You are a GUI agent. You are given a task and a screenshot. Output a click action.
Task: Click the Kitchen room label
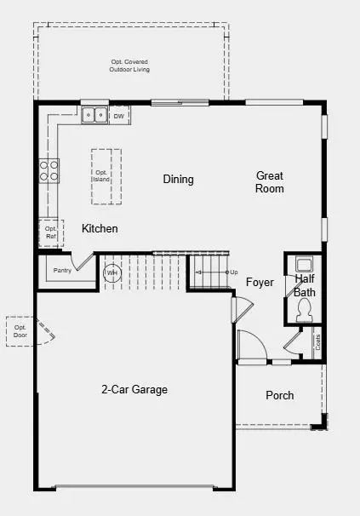[100, 228]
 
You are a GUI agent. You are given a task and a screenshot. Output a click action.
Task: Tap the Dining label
[179, 180]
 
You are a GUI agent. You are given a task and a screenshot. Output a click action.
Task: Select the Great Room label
[270, 182]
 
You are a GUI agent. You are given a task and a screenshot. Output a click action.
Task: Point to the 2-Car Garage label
[134, 390]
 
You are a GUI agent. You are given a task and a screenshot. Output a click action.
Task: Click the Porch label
[280, 395]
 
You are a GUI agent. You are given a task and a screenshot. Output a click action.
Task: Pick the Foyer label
[260, 283]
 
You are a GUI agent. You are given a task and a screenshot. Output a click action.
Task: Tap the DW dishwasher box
[119, 116]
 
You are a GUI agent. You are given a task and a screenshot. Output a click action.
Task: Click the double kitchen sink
[94, 115]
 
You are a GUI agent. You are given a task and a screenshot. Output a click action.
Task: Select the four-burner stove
[49, 171]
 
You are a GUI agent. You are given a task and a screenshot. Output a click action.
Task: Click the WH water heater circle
[112, 272]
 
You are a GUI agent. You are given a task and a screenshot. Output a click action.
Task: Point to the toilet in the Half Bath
[304, 311]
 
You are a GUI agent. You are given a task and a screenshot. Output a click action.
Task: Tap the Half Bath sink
[304, 265]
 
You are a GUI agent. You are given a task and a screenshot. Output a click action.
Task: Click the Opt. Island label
[101, 176]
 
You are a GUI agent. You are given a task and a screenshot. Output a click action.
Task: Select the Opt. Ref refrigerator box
[51, 233]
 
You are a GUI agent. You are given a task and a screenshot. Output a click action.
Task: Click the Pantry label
[62, 271]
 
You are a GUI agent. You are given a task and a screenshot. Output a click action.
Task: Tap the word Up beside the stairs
[234, 272]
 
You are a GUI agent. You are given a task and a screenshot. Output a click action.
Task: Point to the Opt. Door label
[20, 331]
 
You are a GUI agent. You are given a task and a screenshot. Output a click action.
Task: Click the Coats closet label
[318, 342]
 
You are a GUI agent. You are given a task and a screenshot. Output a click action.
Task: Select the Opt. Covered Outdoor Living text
[129, 66]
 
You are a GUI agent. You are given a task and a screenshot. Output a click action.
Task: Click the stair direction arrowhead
[198, 272]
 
